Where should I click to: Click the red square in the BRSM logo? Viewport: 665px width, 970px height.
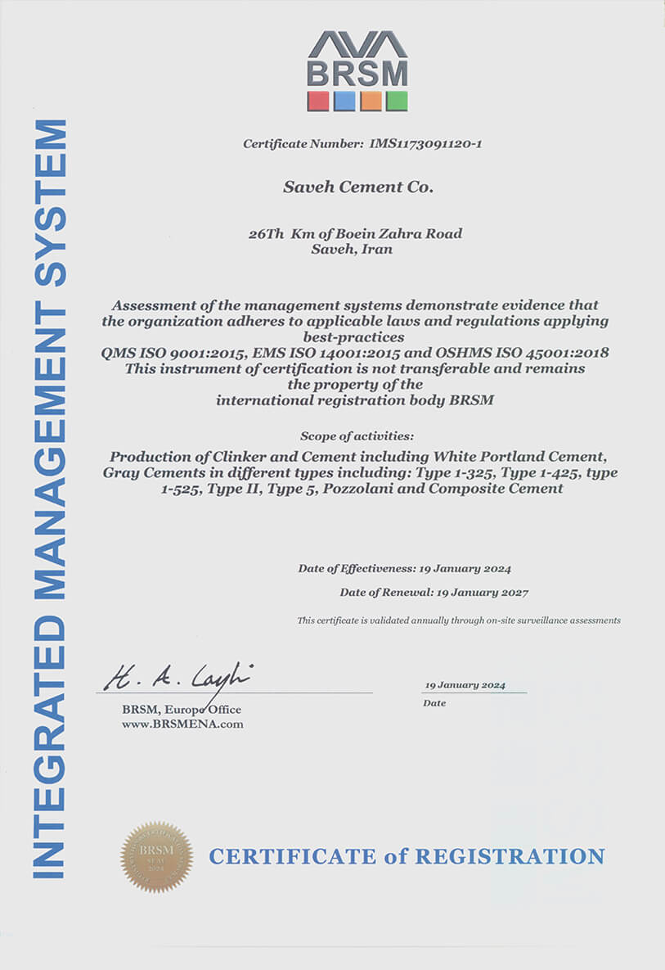[x=318, y=101]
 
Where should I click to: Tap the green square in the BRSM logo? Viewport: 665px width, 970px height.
[x=397, y=101]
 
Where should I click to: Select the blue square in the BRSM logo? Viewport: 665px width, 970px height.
[x=344, y=101]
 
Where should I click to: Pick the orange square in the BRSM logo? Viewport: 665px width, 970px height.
[x=371, y=101]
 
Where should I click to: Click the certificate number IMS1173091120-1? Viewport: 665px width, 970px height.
[x=425, y=144]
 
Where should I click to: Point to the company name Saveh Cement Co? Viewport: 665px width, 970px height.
[x=357, y=187]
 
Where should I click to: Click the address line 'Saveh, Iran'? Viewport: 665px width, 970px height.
[x=352, y=249]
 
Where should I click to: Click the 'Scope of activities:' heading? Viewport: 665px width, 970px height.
[x=357, y=435]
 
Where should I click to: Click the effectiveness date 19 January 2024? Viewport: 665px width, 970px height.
[x=465, y=568]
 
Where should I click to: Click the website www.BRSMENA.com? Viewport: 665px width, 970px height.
[x=182, y=724]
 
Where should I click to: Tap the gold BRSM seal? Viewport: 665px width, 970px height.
[x=156, y=857]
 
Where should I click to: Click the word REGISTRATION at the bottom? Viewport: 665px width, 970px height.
[x=510, y=857]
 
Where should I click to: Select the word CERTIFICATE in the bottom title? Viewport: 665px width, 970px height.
[x=293, y=857]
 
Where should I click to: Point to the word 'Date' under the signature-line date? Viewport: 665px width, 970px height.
[x=434, y=703]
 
